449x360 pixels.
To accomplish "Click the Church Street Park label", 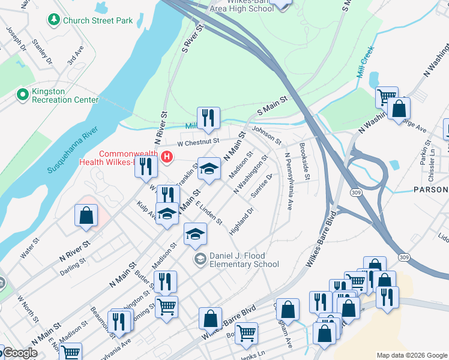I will tap(98, 20).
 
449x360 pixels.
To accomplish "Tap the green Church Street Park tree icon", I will tap(54, 20).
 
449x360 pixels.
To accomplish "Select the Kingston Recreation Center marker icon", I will tap(23, 94).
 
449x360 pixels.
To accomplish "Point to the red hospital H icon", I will tap(167, 158).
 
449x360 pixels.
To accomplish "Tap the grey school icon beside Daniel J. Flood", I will tap(199, 260).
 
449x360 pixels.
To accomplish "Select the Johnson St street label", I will tap(267, 135).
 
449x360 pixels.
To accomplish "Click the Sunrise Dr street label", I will tap(262, 186).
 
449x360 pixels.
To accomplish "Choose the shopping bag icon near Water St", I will tap(86, 215).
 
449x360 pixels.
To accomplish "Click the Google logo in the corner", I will tap(20, 353).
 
